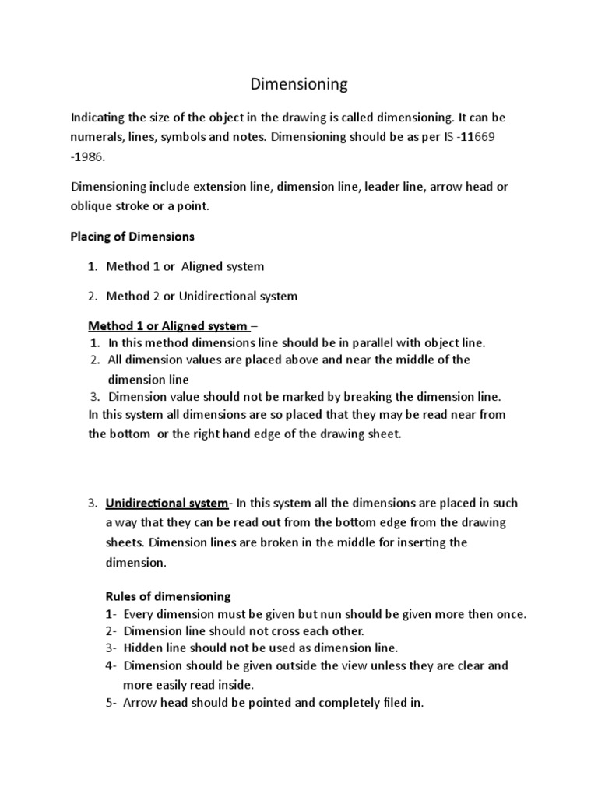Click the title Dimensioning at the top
298,83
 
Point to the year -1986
90,156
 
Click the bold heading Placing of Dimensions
132,236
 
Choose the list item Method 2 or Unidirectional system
201,296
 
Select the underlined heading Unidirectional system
167,503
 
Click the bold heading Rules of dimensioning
167,596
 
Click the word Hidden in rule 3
142,648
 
